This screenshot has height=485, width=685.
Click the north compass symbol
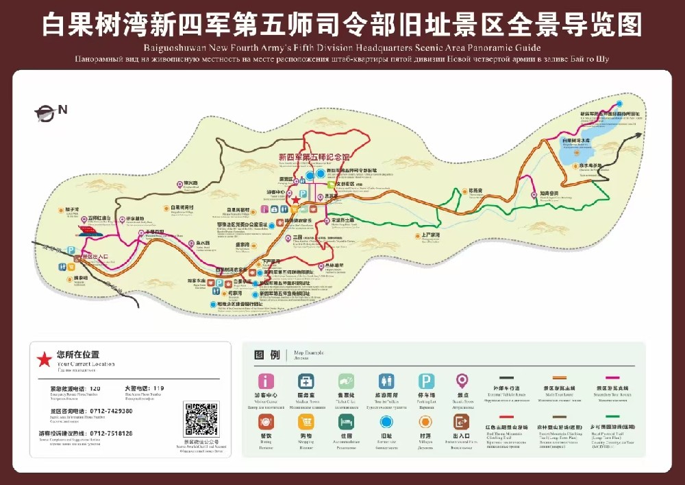tap(47, 113)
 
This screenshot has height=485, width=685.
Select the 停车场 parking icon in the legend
tap(427, 381)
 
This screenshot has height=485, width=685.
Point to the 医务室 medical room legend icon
tap(306, 381)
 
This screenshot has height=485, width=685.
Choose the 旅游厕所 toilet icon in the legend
tap(386, 381)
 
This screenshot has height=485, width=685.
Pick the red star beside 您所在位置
tap(44, 358)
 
